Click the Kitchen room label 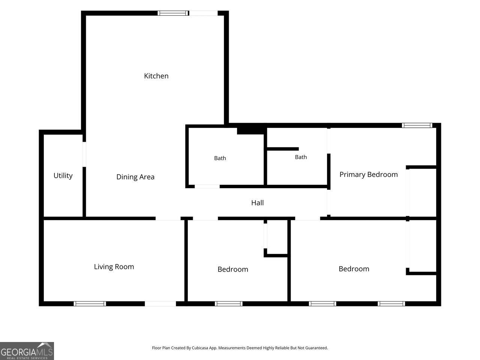156,76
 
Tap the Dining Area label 135,177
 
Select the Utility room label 63,175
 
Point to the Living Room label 114,267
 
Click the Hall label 257,203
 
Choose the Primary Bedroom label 369,175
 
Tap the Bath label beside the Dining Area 220,158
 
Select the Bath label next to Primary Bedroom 301,157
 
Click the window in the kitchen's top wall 173,13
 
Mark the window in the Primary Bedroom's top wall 417,125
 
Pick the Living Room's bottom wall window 90,304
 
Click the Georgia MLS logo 27,351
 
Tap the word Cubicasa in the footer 200,348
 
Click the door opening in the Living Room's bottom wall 160,304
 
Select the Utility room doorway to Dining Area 84,154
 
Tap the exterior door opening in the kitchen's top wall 203,13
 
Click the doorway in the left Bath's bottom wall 207,186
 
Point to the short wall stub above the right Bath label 283,149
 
